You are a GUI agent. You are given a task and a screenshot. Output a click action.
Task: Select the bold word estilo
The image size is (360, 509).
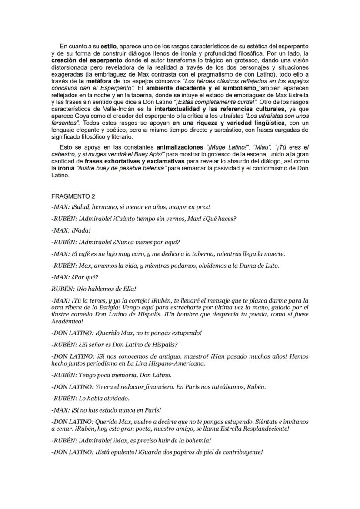(109, 46)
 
